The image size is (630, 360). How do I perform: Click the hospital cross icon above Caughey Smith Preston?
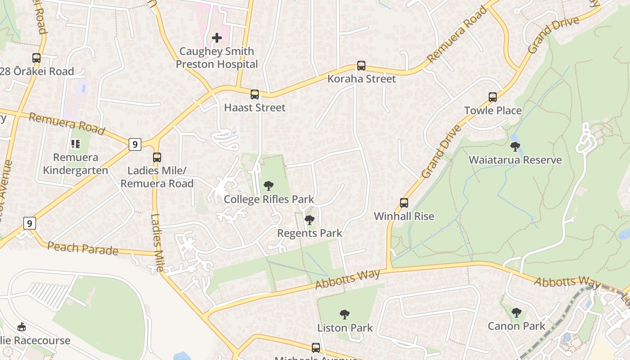point(217,38)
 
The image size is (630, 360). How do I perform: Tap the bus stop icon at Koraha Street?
point(361,66)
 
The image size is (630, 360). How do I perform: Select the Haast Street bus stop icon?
point(255,94)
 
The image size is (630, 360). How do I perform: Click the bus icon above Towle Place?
point(493,97)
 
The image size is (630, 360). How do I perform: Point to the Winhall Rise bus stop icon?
point(404,203)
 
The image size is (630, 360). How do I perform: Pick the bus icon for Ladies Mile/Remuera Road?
point(157,157)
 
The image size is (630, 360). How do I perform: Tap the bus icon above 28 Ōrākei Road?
point(36,58)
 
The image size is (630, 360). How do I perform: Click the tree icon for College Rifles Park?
point(269,185)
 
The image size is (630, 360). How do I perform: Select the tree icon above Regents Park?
point(309,220)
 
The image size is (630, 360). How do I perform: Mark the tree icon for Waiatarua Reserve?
point(515,147)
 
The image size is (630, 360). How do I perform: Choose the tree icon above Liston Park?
point(345,314)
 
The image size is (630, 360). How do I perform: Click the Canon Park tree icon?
point(517,312)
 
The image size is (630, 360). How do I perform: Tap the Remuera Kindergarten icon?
point(76,144)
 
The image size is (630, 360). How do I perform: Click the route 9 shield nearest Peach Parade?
point(29,223)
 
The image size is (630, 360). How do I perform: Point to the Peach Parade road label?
point(83,248)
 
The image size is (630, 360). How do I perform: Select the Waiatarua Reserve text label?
point(515,160)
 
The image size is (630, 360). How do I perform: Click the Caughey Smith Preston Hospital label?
point(217,58)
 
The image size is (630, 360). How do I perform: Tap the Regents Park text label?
point(310,233)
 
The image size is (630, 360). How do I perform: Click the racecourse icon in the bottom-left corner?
point(21,327)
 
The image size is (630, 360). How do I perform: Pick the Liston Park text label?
point(345,328)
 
